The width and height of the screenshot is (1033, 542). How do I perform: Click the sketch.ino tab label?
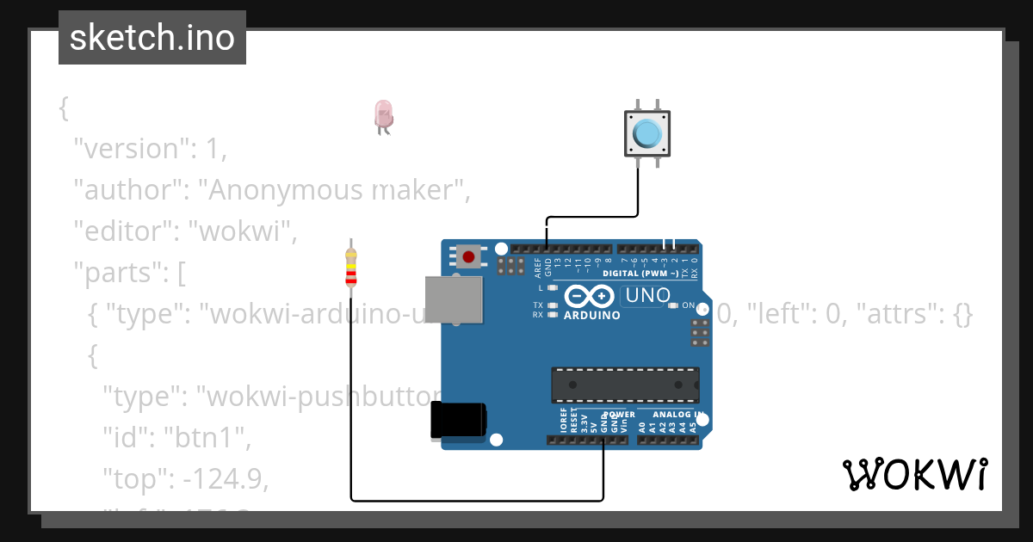[x=152, y=38]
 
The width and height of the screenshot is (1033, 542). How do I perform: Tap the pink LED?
[x=383, y=114]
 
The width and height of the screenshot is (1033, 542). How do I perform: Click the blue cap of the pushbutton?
[x=647, y=133]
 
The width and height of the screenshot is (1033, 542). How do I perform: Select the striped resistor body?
[x=350, y=268]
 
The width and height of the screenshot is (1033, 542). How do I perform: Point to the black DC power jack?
[x=458, y=422]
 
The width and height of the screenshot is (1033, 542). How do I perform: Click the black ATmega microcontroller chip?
[x=625, y=384]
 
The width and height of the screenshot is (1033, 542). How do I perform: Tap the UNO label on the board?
[x=647, y=296]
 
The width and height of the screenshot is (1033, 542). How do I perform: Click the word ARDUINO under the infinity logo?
[x=591, y=316]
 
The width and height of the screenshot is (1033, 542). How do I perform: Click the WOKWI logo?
[x=914, y=474]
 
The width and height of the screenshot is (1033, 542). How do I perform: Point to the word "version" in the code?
[x=131, y=149]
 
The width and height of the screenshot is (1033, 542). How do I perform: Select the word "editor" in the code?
[x=125, y=231]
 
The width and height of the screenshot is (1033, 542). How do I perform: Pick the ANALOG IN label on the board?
[x=677, y=415]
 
